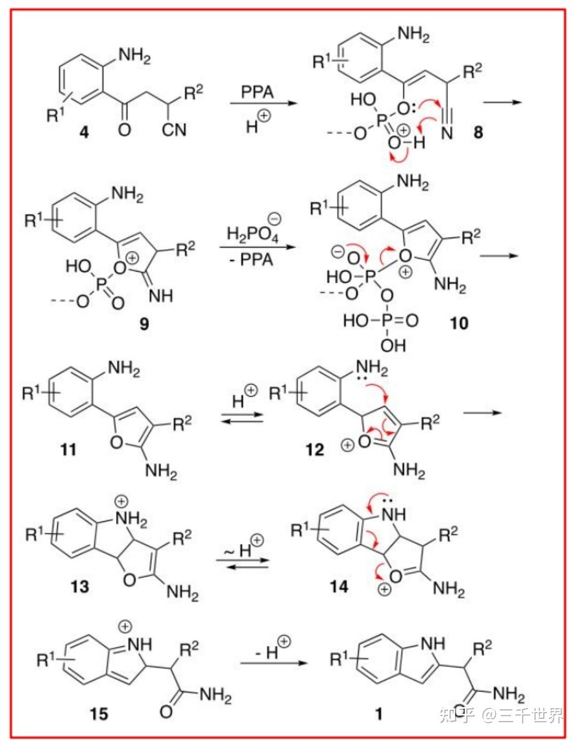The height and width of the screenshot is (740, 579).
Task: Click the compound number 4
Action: (x=84, y=132)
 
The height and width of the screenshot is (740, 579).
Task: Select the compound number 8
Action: (x=478, y=132)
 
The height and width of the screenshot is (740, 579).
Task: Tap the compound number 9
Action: (x=144, y=323)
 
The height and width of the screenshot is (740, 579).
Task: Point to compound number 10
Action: (x=459, y=323)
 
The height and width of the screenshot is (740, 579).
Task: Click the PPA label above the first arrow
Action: (x=257, y=92)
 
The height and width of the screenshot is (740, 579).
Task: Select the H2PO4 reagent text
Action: (x=252, y=235)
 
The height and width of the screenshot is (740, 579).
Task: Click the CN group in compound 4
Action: (x=174, y=130)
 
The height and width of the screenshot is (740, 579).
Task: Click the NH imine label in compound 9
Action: (x=161, y=296)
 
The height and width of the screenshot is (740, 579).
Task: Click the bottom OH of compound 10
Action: (x=393, y=346)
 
